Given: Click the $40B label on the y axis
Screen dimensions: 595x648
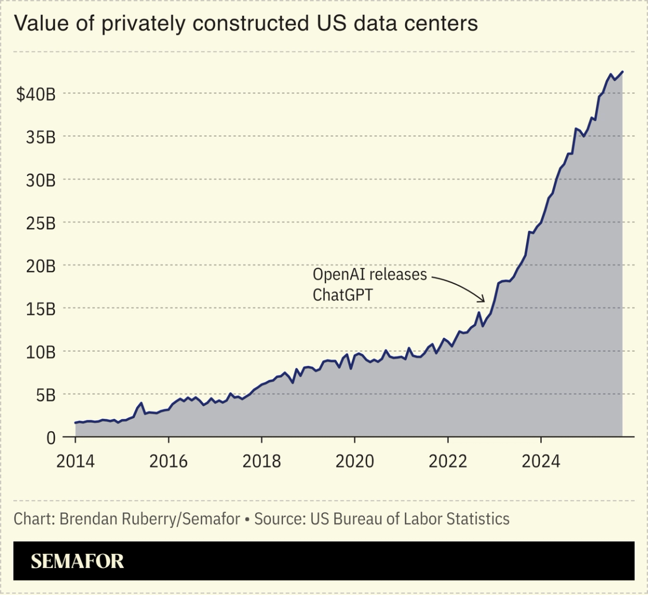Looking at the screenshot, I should [35, 94].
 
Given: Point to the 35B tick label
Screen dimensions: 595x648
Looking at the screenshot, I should [40, 137].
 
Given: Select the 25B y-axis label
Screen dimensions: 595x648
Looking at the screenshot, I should [40, 223].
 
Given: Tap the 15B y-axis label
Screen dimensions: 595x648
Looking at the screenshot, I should [40, 309].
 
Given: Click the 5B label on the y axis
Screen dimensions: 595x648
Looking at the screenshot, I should [44, 395].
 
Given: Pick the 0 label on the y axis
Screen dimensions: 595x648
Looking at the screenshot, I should [51, 437].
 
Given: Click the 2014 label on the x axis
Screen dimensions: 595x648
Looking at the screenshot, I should [75, 462].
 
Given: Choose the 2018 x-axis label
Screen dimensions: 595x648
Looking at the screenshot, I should [262, 462].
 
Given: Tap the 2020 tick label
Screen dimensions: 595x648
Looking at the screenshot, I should [354, 462].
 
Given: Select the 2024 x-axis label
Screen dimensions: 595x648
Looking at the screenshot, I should [541, 462].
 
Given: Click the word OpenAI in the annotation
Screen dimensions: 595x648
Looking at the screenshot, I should [336, 275].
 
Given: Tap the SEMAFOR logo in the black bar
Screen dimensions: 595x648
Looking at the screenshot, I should [77, 561].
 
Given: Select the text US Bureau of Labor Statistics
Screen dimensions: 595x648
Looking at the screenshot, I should [409, 518].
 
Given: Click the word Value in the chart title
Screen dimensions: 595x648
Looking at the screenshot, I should [36, 24].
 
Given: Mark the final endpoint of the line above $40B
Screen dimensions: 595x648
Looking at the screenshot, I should [623, 71].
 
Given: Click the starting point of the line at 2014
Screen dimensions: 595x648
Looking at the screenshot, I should [75, 423].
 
